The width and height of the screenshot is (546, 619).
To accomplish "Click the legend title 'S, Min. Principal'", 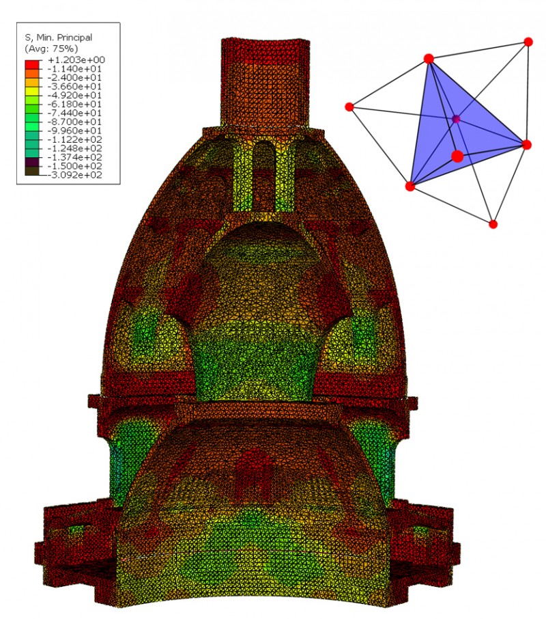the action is tap(59, 38).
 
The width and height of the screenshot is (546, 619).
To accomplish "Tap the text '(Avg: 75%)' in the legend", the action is tap(51, 49).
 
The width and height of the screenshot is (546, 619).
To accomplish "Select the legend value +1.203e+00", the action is tap(76, 59).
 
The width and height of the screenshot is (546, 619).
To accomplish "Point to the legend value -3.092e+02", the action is tap(75, 175).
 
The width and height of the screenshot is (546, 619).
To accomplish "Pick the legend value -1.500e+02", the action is tap(75, 166).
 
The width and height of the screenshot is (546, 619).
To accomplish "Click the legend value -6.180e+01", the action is tap(75, 105).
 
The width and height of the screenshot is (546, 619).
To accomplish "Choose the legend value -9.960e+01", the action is tap(75, 130).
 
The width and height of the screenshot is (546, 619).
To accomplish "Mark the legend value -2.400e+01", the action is tap(75, 77).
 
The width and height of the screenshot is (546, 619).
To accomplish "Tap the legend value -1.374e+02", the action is tap(75, 157).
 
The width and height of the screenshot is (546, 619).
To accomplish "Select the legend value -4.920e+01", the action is tap(75, 95).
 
